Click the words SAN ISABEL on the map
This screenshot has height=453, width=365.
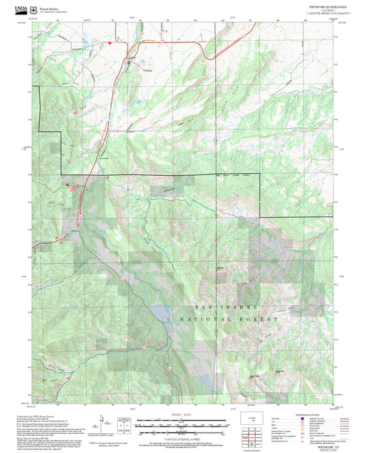218,309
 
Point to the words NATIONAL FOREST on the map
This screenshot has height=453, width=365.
230,319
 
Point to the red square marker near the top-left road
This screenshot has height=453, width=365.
108,43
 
